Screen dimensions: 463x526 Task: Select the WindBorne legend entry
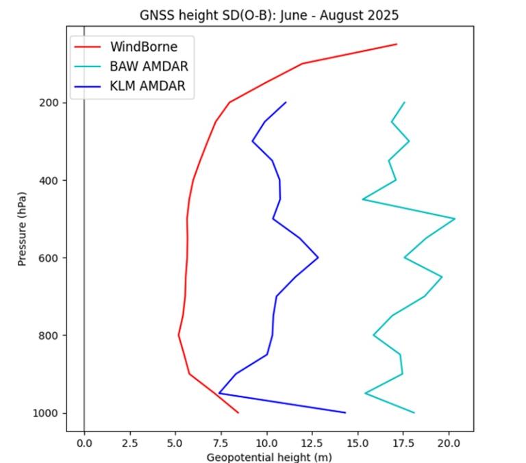click(x=143, y=47)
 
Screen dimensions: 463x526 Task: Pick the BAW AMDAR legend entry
click(x=149, y=66)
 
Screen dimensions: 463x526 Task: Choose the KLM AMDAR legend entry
click(x=147, y=86)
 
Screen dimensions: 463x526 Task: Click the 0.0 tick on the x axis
click(x=84, y=442)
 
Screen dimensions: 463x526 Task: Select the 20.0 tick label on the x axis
click(x=448, y=442)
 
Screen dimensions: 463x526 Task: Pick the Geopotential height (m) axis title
click(x=269, y=457)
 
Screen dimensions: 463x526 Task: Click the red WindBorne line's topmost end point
click(x=397, y=45)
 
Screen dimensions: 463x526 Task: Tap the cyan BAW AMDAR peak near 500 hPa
click(x=455, y=218)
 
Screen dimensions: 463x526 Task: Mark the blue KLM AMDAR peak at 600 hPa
click(x=318, y=258)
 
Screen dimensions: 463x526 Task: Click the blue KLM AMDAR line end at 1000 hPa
click(x=345, y=412)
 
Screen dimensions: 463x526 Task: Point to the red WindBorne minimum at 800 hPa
click(x=179, y=335)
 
